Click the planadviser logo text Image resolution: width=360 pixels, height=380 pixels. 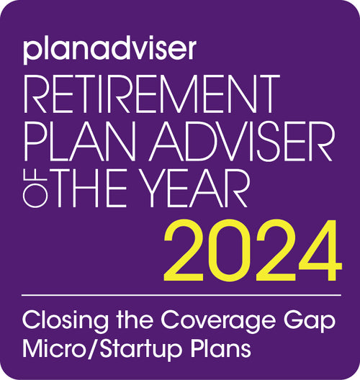point(109,50)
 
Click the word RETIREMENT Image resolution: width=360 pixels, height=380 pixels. point(152,94)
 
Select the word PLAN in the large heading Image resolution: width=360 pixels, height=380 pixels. point(79,141)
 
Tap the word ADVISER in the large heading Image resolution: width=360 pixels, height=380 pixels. point(240,141)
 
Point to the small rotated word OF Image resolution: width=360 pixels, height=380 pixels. point(35,188)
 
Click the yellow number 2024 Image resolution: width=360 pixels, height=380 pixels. point(253,251)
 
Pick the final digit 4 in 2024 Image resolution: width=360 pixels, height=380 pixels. point(320,251)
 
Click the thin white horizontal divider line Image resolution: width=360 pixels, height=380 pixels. point(181,295)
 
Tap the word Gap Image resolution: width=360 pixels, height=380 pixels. point(310,322)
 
